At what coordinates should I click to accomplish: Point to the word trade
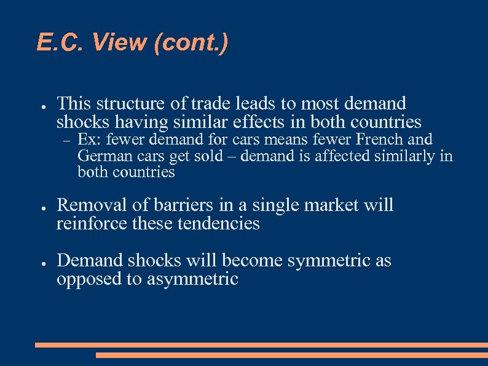pyautogui.click(x=210, y=103)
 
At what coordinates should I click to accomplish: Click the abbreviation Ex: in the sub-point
pyautogui.click(x=89, y=140)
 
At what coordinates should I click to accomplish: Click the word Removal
pyautogui.click(x=89, y=205)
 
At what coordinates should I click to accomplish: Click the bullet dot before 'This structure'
pyautogui.click(x=39, y=105)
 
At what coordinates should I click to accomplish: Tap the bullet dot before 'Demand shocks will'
pyautogui.click(x=39, y=262)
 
